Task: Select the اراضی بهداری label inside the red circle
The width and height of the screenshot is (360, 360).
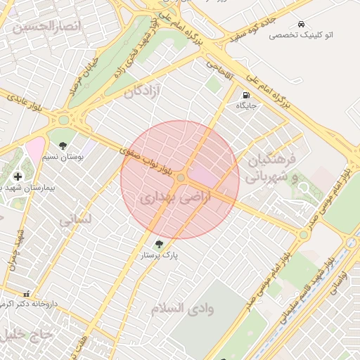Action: (x=165, y=198)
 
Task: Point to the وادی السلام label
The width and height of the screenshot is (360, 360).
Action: (x=182, y=308)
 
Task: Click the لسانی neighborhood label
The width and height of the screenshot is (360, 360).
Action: (x=75, y=219)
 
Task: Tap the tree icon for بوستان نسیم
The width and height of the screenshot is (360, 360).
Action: (x=63, y=146)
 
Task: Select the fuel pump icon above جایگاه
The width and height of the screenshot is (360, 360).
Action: (x=246, y=95)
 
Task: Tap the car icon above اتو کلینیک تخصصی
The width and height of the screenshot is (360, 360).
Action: (x=302, y=24)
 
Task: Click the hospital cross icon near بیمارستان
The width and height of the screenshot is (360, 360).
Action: (x=17, y=175)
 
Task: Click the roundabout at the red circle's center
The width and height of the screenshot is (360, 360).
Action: (x=181, y=179)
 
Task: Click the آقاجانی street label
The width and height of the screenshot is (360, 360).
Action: (x=219, y=67)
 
